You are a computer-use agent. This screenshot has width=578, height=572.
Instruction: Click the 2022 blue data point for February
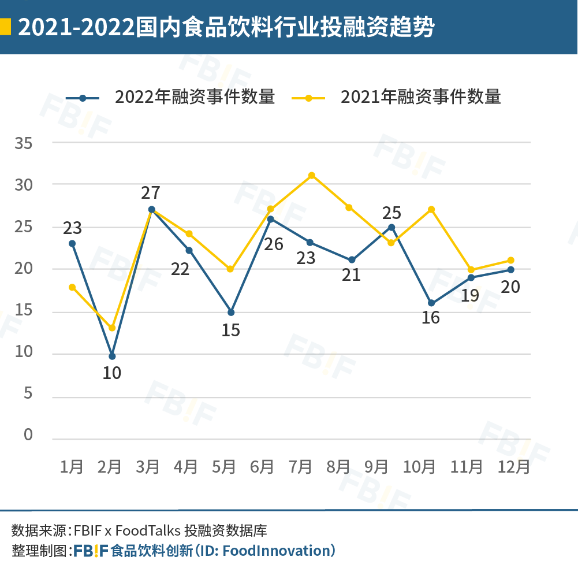(112, 356)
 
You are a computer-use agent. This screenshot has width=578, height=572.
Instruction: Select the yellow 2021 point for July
(312, 175)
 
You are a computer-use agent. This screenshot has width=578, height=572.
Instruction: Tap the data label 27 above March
(151, 192)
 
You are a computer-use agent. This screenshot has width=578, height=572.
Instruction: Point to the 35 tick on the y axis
(24, 143)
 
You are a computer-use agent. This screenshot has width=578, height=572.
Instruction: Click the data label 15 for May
(230, 330)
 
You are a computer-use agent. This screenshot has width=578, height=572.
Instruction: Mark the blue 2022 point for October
(431, 303)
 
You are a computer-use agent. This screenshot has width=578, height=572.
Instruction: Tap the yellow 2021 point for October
(431, 209)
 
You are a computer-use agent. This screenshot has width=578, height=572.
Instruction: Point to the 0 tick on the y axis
(28, 435)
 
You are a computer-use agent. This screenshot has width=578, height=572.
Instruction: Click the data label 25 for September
(391, 213)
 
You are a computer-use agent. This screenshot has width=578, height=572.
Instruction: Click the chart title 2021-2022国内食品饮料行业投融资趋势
(226, 27)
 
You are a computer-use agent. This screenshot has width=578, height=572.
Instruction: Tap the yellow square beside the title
(5, 27)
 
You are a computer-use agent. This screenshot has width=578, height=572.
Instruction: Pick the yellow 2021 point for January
(72, 287)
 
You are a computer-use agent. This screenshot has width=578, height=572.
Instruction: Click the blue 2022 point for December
(511, 270)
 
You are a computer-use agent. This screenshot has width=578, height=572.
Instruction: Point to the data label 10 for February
(111, 373)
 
